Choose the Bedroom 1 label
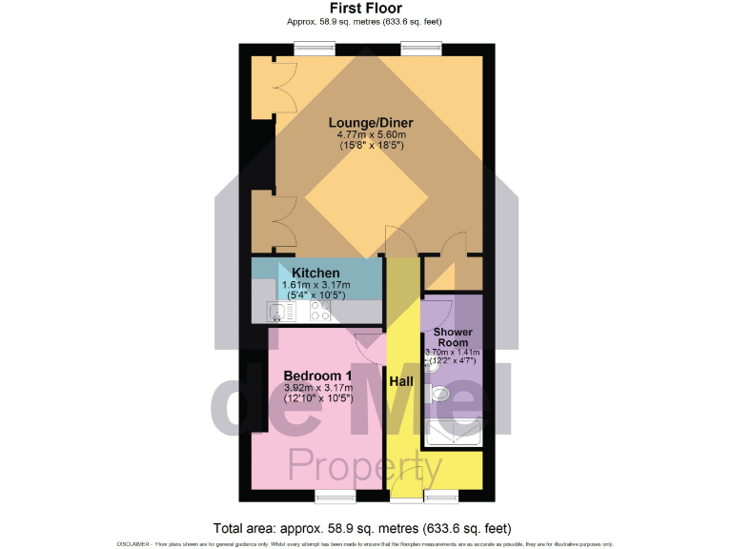click(x=317, y=375)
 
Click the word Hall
click(x=401, y=381)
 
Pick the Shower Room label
click(x=453, y=337)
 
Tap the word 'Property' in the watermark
click(x=365, y=468)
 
